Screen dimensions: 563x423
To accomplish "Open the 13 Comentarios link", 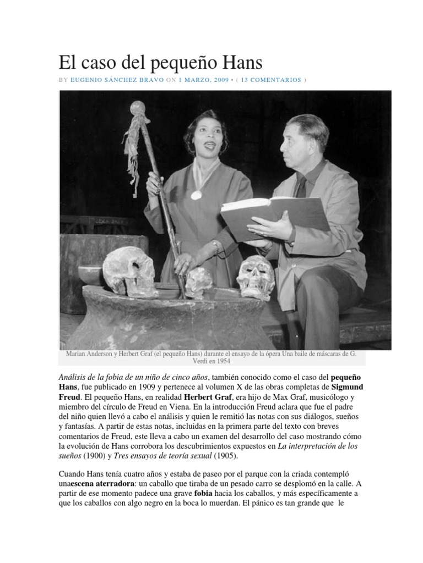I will pyautogui.click(x=271, y=80).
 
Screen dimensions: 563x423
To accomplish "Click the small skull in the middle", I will pyautogui.click(x=199, y=281).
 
